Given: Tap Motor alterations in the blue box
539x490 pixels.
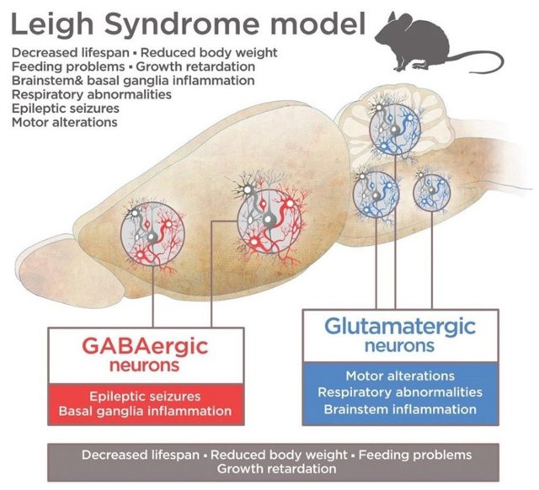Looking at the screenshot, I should [400, 375].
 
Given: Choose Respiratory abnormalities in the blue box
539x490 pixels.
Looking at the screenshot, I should [400, 392].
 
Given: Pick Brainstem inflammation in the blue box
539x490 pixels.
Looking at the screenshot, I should [400, 409].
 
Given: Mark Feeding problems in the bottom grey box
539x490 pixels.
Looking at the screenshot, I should [418, 455].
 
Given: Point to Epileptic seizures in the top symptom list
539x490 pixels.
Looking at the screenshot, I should [66, 109].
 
